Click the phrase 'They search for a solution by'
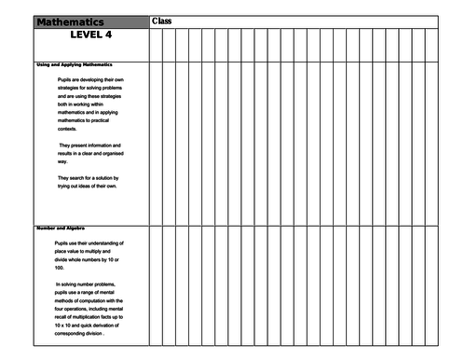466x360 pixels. tap(91, 178)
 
